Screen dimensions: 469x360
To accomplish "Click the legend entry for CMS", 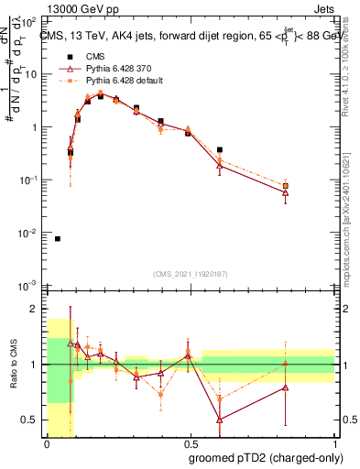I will pos(97,56).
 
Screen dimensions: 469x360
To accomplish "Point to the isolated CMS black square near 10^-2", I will pos(58,239).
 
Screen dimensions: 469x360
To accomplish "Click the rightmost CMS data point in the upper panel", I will pos(311,186).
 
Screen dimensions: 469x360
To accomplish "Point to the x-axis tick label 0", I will pos(47,442).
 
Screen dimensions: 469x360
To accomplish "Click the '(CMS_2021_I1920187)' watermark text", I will pos(190,275).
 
